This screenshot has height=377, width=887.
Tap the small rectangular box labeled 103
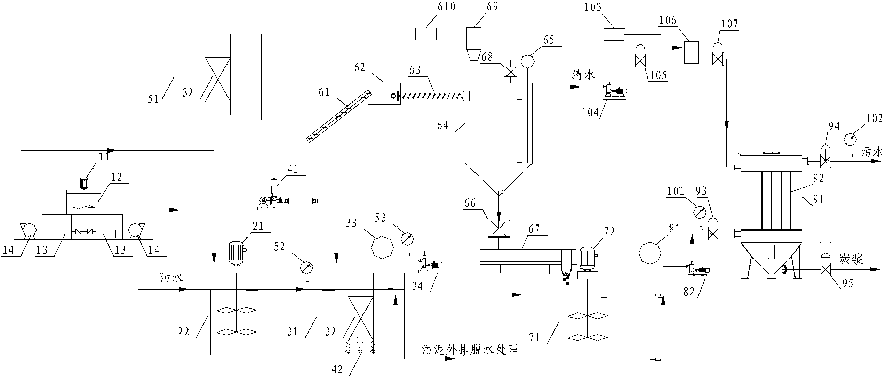click(x=614, y=34)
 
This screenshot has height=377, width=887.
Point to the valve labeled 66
click(x=498, y=228)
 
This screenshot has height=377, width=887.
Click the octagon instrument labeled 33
click(x=382, y=248)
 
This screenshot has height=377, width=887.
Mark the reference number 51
click(x=153, y=99)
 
